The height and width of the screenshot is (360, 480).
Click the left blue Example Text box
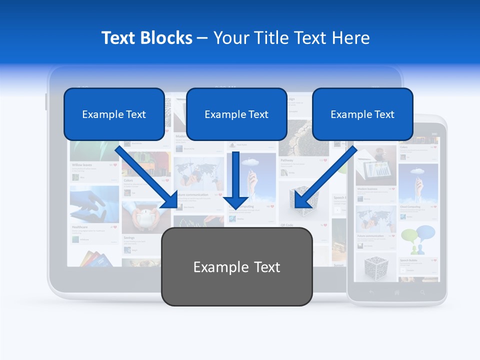114,114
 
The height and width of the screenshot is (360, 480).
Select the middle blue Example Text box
236,114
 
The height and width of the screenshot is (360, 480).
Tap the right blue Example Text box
362,114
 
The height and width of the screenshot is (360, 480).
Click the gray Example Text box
236,266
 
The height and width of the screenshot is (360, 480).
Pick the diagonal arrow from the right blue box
325,177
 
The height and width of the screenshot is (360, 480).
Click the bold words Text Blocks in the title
147,38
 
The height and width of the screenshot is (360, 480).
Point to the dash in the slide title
202,38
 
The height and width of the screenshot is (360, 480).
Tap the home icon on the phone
397,292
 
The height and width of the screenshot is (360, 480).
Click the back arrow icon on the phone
371,292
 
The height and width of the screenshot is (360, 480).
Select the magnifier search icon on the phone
423,292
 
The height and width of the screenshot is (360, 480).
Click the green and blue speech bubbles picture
418,239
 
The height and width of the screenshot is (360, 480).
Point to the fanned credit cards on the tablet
95,258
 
